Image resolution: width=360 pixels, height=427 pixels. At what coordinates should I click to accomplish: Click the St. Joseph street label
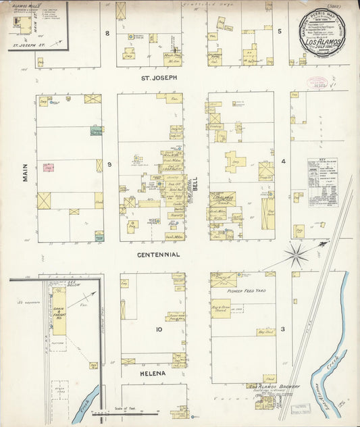coord(159,78)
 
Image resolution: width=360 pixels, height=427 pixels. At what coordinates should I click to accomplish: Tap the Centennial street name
coord(159,255)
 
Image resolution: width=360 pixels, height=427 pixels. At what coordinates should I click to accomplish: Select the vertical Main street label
coord(26,171)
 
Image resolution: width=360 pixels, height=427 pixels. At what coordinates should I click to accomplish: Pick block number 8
coord(107,33)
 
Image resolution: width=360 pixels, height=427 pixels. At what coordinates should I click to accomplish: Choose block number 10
coord(159,330)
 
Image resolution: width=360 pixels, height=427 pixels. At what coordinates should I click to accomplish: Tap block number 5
coord(279,31)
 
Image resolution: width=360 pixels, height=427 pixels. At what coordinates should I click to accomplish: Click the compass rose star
coord(295,255)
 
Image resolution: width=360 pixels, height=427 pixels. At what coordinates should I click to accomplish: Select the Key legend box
coord(322,182)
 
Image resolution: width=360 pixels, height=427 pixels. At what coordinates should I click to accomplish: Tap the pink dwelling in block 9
coord(48,167)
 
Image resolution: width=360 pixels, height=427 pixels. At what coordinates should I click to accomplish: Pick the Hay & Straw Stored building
coord(220,308)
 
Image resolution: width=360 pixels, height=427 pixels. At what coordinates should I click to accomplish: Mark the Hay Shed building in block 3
coord(265,332)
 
